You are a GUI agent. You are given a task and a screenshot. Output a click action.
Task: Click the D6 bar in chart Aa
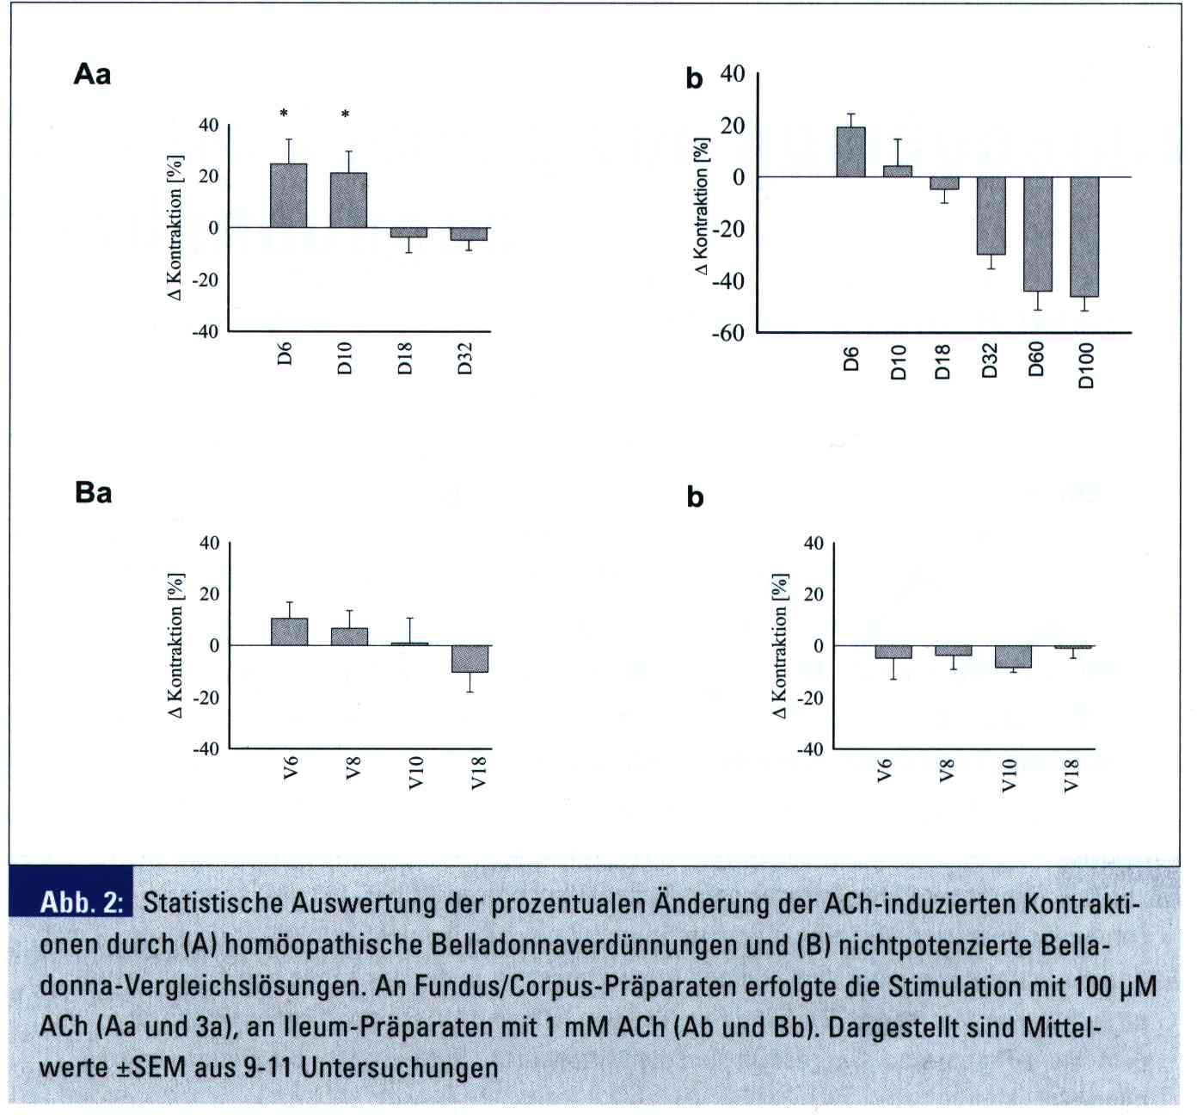click(x=288, y=195)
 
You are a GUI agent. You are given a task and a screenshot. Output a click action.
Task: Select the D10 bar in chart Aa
click(x=348, y=200)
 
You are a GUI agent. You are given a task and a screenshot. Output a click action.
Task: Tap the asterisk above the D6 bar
click(x=284, y=114)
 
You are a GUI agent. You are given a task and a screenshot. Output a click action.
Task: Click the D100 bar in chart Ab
click(x=1084, y=237)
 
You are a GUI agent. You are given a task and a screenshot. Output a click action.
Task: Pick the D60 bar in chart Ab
click(x=1038, y=234)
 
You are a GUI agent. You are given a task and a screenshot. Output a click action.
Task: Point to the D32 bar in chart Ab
click(x=991, y=215)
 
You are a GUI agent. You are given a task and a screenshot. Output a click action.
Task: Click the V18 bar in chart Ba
click(x=470, y=658)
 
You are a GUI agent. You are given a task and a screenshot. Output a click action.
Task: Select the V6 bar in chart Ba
click(x=289, y=631)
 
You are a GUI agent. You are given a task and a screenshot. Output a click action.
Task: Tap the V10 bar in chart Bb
click(x=1013, y=656)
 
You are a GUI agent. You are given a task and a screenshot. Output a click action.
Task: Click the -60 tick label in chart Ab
click(x=727, y=333)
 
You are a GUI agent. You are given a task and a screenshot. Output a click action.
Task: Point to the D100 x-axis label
click(x=1085, y=366)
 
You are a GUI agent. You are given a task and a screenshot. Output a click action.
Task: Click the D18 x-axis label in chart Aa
click(x=404, y=358)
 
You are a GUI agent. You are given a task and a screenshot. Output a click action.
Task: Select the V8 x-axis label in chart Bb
click(x=946, y=771)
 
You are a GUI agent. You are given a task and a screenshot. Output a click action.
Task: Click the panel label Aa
click(x=92, y=74)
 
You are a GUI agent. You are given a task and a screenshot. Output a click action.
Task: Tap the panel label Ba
click(x=94, y=492)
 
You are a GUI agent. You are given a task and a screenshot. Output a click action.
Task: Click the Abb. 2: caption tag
click(x=82, y=902)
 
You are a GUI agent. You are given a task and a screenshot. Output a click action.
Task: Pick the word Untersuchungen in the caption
click(x=399, y=1068)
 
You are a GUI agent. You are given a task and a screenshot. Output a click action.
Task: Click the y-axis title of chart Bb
click(x=779, y=646)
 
